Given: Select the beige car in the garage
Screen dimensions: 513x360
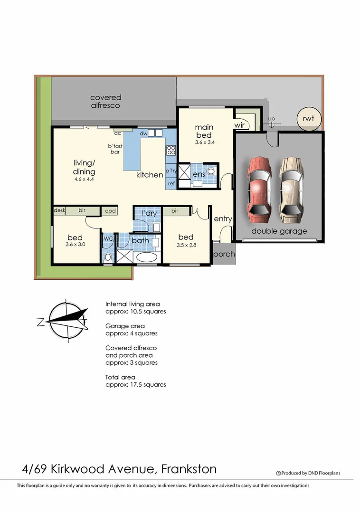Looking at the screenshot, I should point(292,188).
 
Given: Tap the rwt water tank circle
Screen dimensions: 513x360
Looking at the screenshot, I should point(309,119).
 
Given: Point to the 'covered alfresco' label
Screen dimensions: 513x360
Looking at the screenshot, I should point(105,101).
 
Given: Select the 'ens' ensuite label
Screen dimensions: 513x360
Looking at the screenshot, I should point(199,175).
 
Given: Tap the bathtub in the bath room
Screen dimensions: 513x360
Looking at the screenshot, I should point(147,257).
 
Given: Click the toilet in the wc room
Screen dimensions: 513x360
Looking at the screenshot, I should point(108,257).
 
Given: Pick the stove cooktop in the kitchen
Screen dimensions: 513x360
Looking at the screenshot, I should point(171,150).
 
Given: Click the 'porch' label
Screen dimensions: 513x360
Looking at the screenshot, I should point(224,254).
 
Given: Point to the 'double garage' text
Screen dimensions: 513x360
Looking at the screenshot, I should point(279,231).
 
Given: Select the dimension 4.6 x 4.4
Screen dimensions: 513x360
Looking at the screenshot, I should point(84,180).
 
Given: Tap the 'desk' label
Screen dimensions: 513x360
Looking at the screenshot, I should point(59,210).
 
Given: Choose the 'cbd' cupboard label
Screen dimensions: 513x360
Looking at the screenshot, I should point(110,210).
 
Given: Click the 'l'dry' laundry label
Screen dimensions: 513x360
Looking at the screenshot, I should point(149,213).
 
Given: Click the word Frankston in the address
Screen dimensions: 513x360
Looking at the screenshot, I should point(189,469).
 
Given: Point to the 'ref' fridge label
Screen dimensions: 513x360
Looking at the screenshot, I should point(171,183).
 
